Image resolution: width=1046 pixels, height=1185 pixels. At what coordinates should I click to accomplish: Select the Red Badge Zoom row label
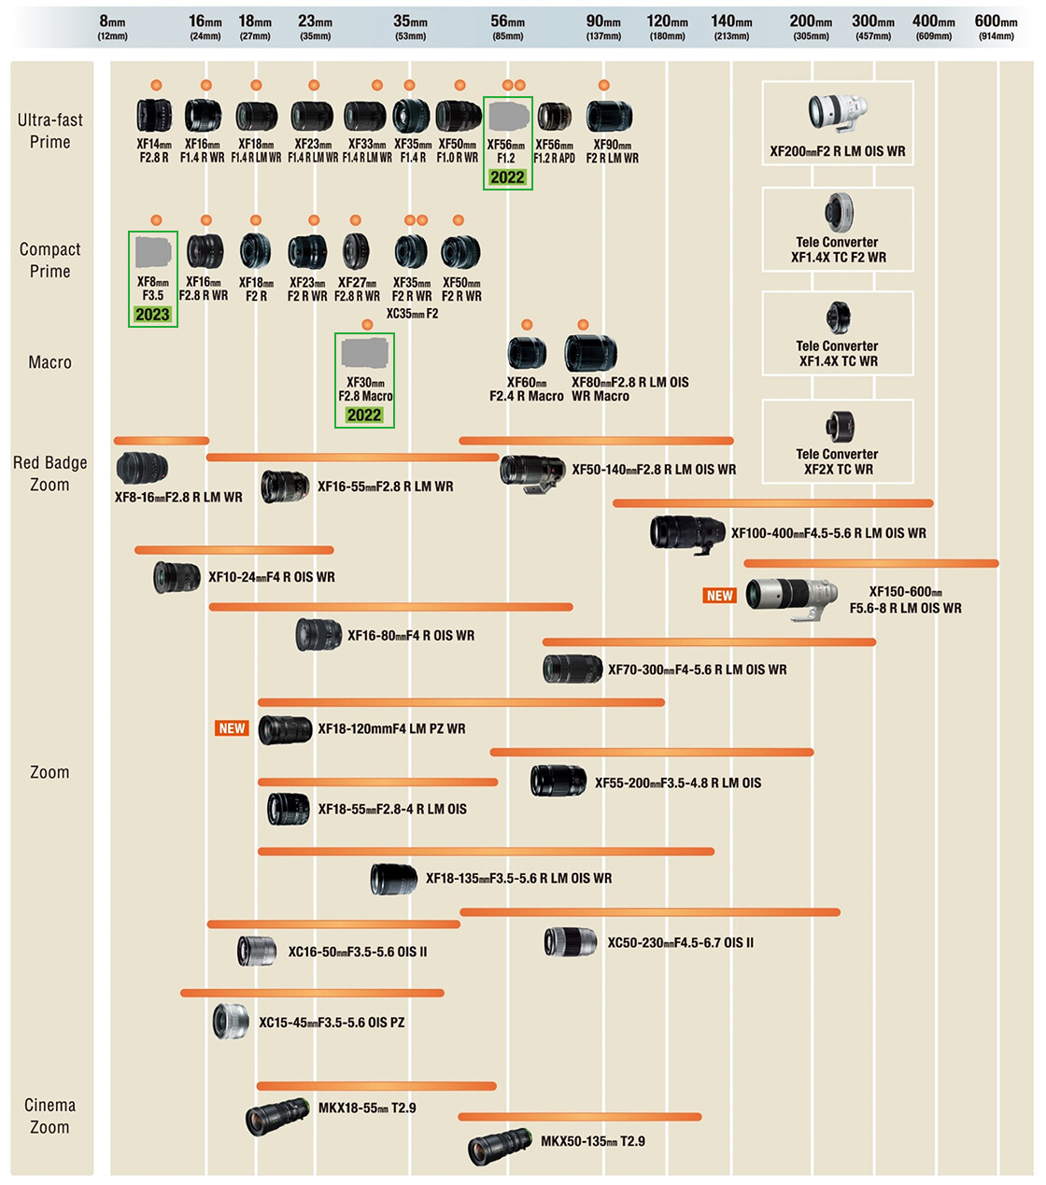tap(49, 473)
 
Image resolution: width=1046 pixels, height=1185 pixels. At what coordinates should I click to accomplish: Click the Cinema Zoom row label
tap(49, 1116)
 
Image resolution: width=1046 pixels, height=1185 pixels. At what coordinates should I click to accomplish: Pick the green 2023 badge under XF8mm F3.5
tap(152, 315)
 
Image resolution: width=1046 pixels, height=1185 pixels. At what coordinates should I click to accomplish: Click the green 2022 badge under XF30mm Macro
tap(364, 416)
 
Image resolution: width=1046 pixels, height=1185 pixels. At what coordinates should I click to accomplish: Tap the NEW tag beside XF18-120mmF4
tap(232, 728)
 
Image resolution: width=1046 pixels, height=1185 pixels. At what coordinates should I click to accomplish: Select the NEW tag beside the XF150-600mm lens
tap(719, 596)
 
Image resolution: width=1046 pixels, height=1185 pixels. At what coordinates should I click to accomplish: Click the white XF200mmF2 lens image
tap(837, 112)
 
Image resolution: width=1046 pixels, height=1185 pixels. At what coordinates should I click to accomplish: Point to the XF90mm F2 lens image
tap(609, 117)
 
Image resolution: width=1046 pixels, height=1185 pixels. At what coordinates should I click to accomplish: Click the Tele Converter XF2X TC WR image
tap(838, 428)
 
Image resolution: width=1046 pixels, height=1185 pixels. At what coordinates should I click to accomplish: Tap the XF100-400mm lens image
tap(687, 533)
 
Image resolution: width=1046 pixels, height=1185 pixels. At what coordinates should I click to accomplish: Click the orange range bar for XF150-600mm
tap(870, 564)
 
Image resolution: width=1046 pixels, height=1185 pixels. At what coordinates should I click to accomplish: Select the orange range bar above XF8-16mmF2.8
tap(161, 441)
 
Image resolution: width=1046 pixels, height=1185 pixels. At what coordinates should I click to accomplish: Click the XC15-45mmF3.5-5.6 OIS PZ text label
tap(332, 1023)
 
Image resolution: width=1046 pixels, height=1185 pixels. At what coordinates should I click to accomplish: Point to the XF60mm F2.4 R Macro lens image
tap(527, 353)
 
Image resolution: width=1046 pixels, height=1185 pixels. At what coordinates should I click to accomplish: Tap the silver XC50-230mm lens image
tap(571, 942)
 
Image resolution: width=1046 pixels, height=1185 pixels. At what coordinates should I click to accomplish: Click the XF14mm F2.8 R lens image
tap(154, 116)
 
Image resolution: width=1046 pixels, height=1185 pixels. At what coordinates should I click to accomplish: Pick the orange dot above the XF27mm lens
tap(356, 220)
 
